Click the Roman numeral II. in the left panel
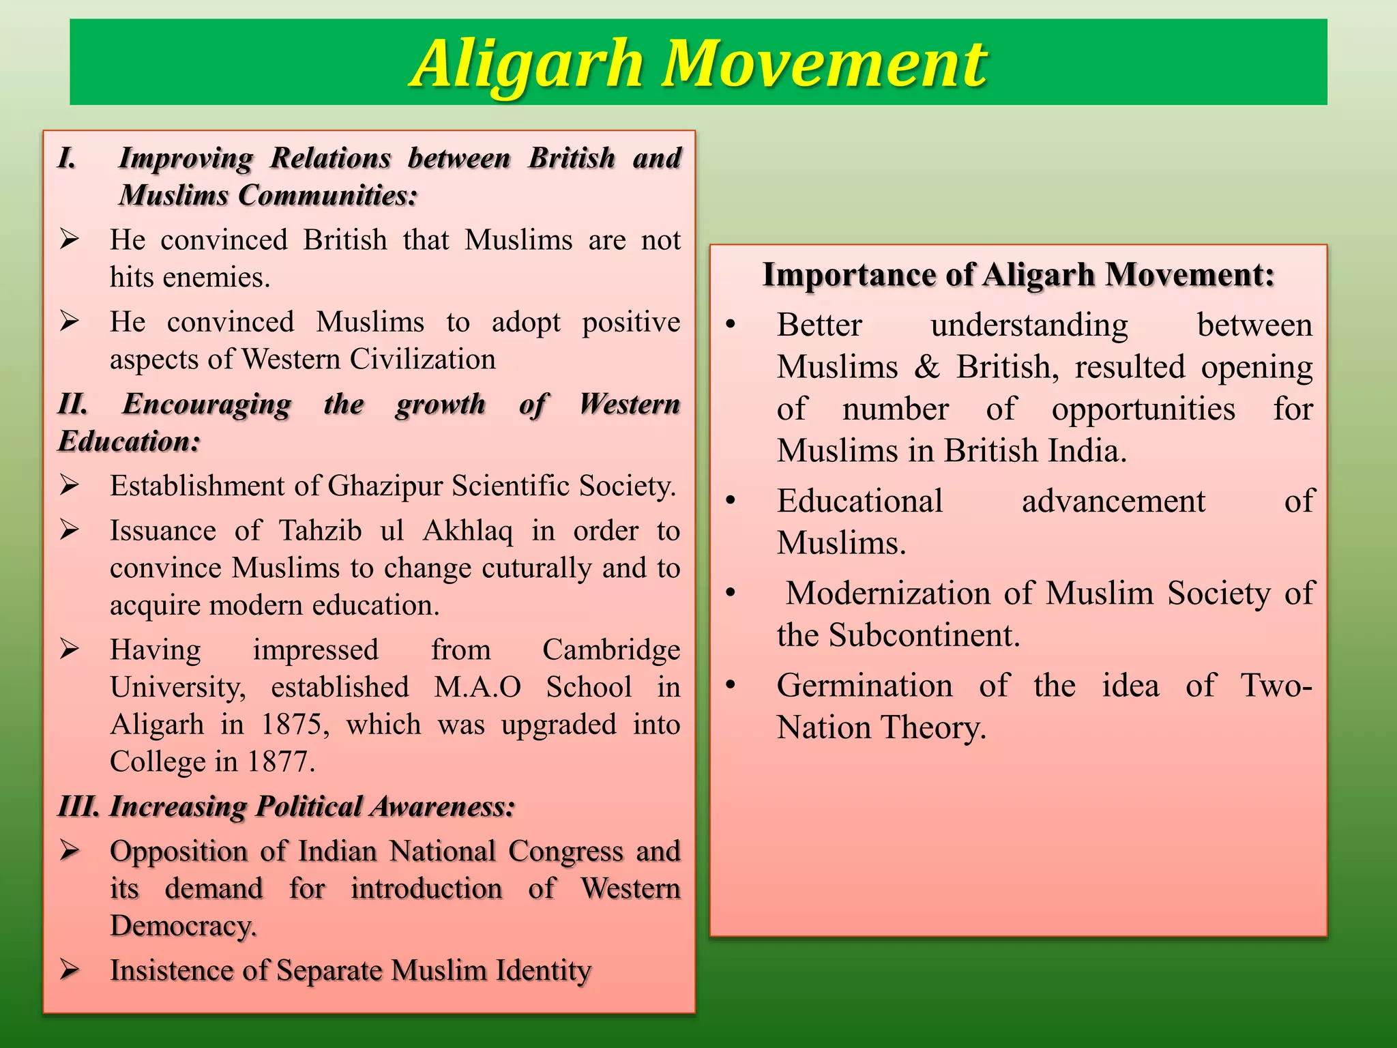coord(73,404)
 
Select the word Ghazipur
coord(385,486)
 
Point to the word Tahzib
coord(321,531)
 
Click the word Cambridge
coord(611,650)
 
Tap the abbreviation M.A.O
coord(477,687)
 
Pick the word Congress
coord(565,851)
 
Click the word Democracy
coord(183,926)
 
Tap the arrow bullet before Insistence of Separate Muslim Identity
coord(69,970)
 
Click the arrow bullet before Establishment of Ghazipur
coord(69,485)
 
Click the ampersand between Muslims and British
coord(926,367)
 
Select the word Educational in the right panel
coord(859,501)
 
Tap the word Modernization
coord(887,594)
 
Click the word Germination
coord(864,686)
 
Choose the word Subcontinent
coord(924,636)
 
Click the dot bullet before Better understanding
coord(731,325)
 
